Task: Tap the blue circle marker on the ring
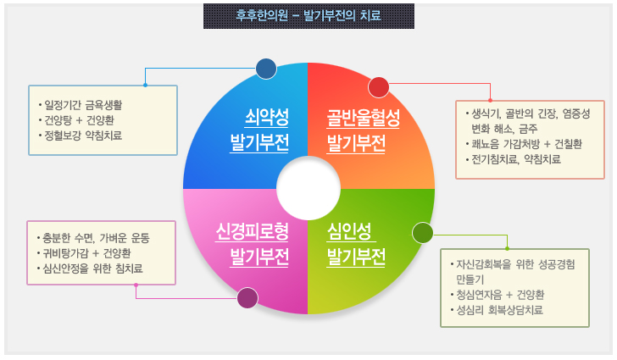point(266,69)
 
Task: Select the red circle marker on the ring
point(378,86)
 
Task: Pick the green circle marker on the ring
point(422,232)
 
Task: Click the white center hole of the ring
point(308,188)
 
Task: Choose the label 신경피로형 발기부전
point(253,243)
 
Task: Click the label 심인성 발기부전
point(357,243)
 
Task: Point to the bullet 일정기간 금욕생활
point(85,106)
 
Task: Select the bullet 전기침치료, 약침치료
point(517,158)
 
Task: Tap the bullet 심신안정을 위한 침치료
point(94,269)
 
